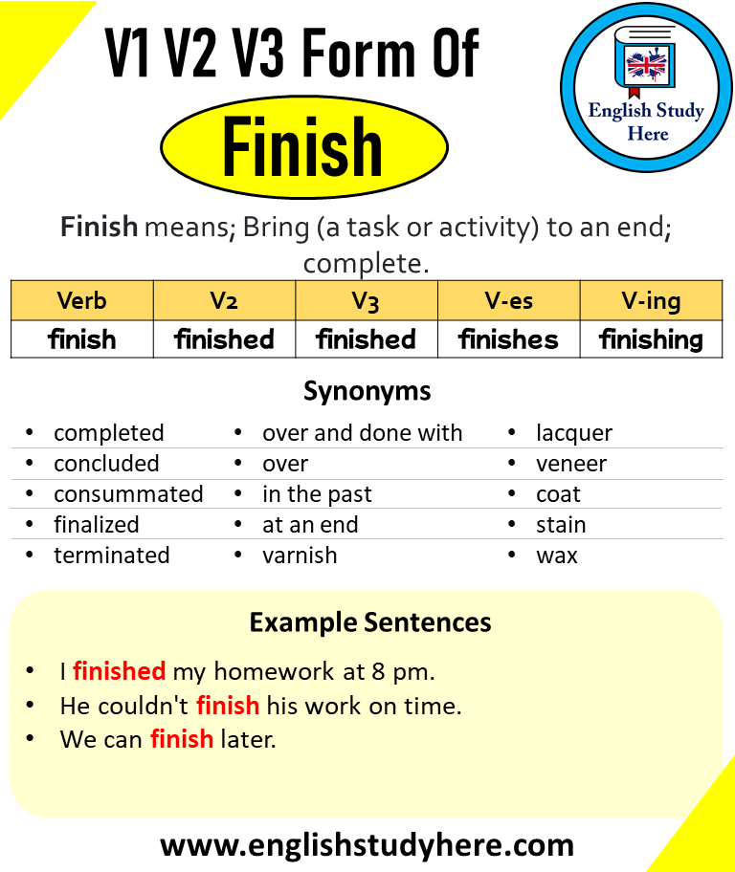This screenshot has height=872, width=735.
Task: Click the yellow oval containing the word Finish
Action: tap(304, 147)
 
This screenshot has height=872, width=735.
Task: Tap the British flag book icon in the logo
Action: tap(645, 62)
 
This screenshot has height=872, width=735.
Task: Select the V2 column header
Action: tap(224, 301)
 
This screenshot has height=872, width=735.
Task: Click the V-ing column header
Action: tap(651, 301)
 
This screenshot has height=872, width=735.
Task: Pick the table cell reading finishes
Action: tap(508, 339)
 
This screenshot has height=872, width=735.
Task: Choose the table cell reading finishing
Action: tap(651, 339)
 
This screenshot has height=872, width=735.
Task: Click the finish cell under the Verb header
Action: tap(82, 339)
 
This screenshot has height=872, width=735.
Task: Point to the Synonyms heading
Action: tap(367, 391)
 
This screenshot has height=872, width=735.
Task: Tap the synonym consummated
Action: tap(128, 493)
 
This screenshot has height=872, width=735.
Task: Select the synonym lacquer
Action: tap(574, 433)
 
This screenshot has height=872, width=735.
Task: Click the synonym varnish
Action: tap(300, 555)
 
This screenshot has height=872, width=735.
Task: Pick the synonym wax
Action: tap(557, 556)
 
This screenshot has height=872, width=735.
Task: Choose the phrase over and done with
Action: tap(363, 433)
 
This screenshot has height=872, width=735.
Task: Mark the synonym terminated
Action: tap(112, 555)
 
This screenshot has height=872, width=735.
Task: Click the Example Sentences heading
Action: tap(370, 622)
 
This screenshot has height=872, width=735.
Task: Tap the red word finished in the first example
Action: tap(120, 671)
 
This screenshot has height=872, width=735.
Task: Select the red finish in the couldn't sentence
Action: tap(228, 706)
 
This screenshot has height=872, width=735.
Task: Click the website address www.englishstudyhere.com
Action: tap(367, 845)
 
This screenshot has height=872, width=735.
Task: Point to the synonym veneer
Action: tap(571, 464)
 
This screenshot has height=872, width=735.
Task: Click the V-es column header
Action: tap(508, 301)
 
